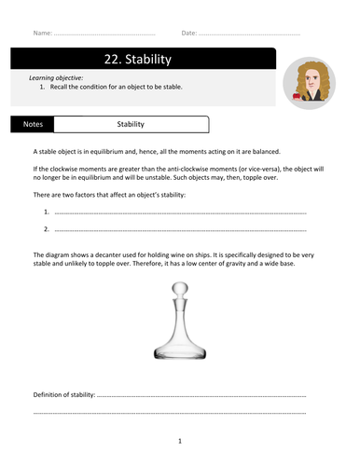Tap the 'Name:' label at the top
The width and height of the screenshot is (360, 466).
point(42,33)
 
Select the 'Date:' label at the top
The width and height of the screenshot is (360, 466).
point(189,33)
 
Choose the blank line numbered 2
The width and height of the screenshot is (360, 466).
point(177,229)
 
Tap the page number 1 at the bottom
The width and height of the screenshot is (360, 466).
point(179,441)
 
